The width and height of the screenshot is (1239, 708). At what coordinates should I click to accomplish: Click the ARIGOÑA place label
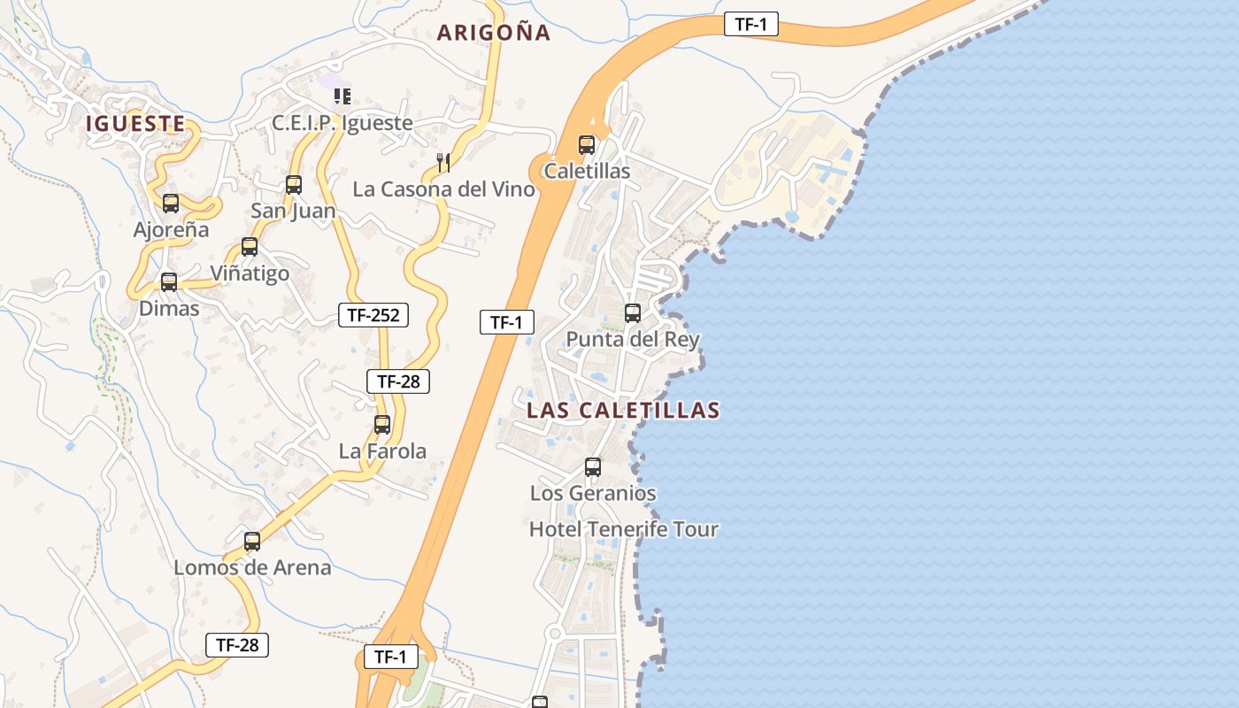494,33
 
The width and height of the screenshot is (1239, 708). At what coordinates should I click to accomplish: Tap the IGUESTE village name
135,123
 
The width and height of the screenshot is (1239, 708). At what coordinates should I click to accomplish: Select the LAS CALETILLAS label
623,411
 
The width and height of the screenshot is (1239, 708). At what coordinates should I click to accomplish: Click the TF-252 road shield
373,314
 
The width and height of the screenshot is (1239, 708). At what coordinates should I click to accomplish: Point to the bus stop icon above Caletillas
587,145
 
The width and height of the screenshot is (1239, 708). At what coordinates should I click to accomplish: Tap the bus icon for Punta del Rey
633,312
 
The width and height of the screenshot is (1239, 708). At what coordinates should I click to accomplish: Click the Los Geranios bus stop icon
593,467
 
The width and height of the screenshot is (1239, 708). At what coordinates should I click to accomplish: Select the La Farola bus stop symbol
382,425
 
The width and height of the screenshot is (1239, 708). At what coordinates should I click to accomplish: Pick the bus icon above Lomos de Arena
252,541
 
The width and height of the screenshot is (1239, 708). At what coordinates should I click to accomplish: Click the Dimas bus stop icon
169,282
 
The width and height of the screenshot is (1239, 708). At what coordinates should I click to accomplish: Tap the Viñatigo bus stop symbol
250,247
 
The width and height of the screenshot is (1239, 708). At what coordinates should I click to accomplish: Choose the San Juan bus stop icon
294,185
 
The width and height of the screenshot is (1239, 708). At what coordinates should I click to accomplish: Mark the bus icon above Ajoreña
171,204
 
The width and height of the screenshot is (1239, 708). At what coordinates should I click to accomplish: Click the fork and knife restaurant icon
443,162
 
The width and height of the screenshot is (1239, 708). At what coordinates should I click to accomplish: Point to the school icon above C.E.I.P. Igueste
342,96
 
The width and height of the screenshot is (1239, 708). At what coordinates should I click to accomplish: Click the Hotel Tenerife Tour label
623,529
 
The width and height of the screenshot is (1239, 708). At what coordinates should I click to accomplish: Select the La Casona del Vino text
443,189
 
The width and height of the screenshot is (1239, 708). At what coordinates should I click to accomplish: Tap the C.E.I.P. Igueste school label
342,123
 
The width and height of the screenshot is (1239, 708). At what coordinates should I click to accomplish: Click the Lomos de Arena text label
252,567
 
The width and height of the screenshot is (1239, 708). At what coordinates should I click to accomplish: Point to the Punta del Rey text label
633,339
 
